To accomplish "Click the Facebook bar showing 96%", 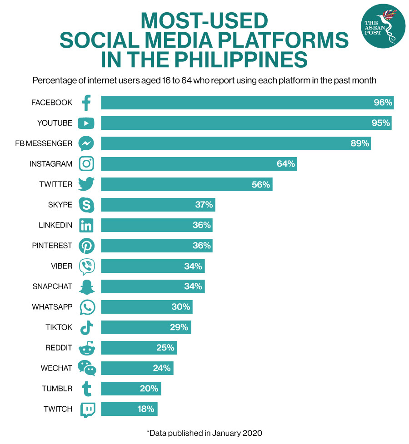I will [x=245, y=103].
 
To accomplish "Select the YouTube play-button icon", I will [x=86, y=123].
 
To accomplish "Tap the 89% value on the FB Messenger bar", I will [x=359, y=143].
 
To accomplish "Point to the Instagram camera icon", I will [x=86, y=164].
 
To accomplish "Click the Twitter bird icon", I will [x=86, y=184].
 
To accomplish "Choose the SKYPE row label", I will [x=60, y=205].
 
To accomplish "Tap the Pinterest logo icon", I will [x=86, y=246].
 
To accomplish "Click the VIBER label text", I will [x=62, y=266].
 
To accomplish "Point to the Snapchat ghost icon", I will [x=86, y=286].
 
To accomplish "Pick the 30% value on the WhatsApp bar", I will [x=180, y=307].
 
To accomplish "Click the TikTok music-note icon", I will [x=86, y=327].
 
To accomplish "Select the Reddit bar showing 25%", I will [x=139, y=348].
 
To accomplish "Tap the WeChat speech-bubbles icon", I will [x=87, y=368].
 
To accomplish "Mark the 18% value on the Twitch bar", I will [x=146, y=409].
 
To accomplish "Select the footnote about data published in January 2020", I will [x=204, y=433].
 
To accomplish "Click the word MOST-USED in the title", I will [x=204, y=20].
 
